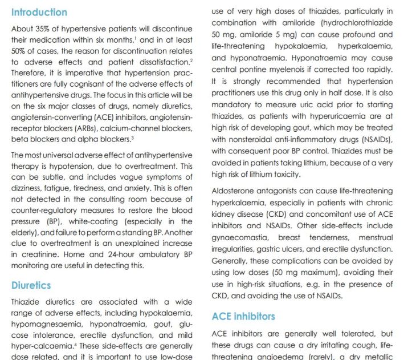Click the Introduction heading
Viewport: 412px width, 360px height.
point(39,12)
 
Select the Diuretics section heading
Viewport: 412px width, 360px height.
point(31,285)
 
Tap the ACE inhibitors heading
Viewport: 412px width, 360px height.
point(243,316)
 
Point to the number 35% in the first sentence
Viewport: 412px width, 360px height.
point(48,29)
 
